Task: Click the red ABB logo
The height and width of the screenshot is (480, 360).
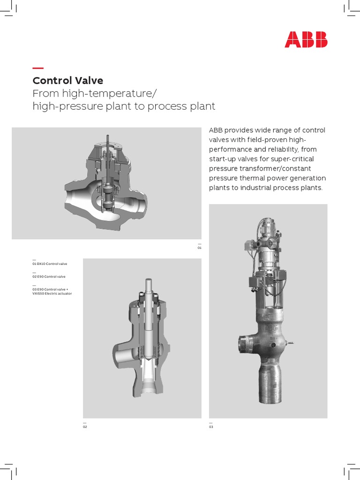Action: coord(306,39)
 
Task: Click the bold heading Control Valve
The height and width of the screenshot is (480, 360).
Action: coord(67,80)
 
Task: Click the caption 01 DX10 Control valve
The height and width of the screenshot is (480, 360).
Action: coord(49,264)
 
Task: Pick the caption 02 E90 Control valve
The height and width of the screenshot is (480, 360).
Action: coord(49,277)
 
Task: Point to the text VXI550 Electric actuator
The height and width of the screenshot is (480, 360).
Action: coord(52,293)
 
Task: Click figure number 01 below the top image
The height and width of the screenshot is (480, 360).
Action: coord(199,247)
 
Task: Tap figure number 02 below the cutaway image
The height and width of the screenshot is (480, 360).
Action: coord(85,427)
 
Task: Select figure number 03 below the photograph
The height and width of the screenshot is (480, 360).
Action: coord(211,427)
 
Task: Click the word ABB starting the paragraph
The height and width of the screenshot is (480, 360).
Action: coord(216,130)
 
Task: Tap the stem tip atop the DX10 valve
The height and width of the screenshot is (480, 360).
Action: coord(108,139)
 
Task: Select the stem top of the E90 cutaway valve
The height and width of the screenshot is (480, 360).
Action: coord(148,282)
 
